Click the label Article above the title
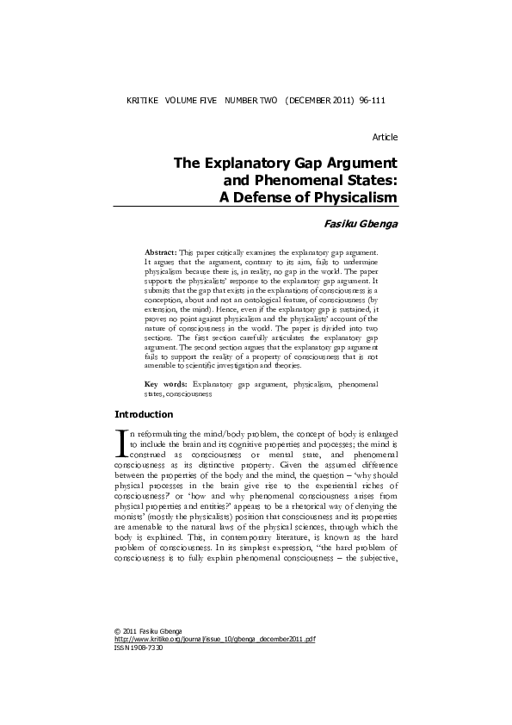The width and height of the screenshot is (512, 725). click(x=385, y=138)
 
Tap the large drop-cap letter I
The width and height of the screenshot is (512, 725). click(x=120, y=441)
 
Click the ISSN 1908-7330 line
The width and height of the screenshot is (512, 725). click(x=138, y=672)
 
